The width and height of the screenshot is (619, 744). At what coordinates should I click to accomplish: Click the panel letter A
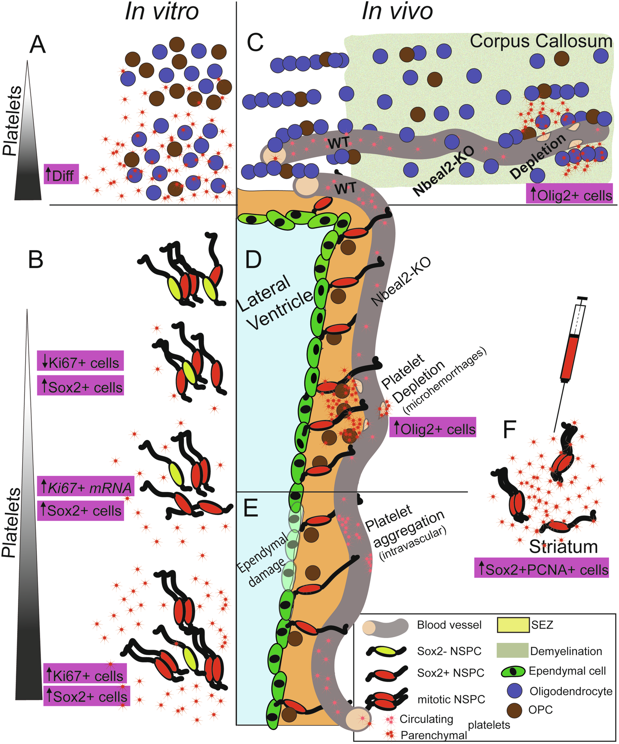(38, 45)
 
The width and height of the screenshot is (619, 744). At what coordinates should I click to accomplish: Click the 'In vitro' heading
(162, 12)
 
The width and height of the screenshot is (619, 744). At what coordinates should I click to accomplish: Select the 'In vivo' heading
(397, 12)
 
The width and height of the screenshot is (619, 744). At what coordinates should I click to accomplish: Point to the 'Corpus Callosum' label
(541, 41)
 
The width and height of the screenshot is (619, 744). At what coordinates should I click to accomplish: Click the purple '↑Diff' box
(61, 174)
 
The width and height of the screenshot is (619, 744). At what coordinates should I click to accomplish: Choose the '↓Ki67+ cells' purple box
(80, 361)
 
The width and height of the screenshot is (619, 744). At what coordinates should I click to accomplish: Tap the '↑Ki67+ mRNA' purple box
(86, 486)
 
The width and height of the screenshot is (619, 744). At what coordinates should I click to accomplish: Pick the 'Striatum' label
(563, 546)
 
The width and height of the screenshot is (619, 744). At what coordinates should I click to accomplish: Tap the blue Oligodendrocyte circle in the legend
(515, 691)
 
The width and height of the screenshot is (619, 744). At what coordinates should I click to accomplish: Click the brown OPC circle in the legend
(515, 711)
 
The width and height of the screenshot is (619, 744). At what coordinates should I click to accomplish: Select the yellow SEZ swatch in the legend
(513, 625)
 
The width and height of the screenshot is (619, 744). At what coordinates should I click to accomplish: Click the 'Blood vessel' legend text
(449, 625)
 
